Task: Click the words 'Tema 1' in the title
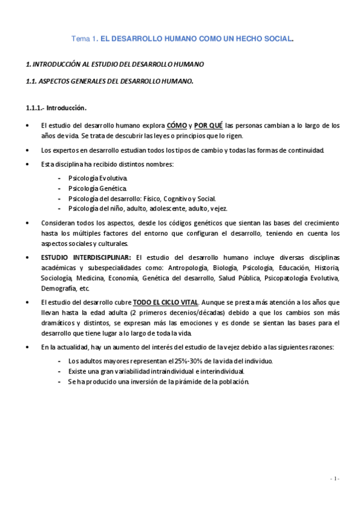click(84, 39)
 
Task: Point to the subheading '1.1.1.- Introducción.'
click(56, 108)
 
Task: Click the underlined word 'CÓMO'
click(176, 126)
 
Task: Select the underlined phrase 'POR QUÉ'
click(209, 126)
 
